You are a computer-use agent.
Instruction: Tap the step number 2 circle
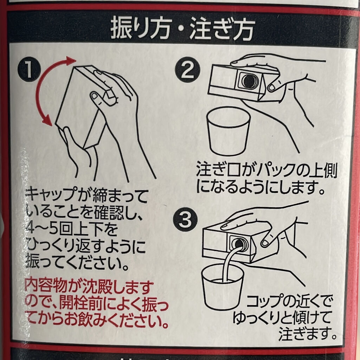point(188,70)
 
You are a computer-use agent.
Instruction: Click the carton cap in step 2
point(248,81)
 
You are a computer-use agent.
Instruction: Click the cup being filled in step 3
point(222,287)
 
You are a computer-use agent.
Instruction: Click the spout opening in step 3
point(239,243)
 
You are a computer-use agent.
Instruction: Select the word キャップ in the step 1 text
point(52,195)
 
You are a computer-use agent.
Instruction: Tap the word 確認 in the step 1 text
point(110,212)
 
